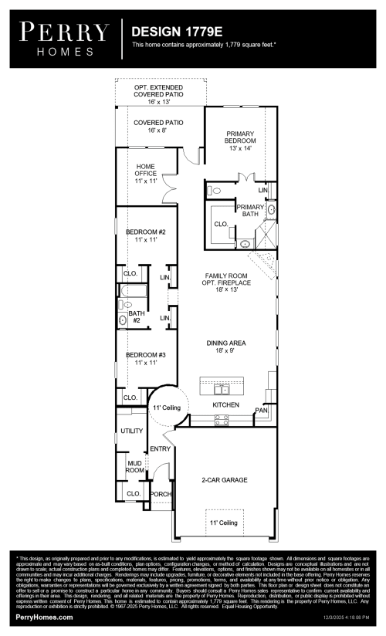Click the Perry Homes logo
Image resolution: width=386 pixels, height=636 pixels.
[64, 38]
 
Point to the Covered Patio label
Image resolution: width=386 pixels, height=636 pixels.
[158, 127]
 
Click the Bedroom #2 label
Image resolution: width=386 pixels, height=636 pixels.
[146, 235]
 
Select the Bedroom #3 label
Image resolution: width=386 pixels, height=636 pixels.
[146, 358]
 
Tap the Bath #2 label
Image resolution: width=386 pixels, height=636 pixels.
[137, 316]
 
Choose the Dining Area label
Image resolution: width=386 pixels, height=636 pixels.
[225, 346]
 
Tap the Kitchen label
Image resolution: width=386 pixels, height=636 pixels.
[225, 404]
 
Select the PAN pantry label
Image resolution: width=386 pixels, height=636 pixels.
[262, 411]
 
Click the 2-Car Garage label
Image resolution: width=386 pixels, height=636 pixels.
[225, 479]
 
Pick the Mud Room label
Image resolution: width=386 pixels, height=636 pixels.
[135, 465]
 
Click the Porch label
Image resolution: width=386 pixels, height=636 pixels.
[160, 494]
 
